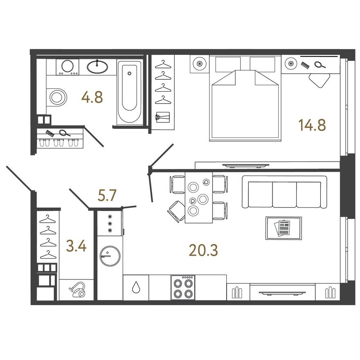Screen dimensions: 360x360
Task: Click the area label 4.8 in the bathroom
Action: tap(92, 97)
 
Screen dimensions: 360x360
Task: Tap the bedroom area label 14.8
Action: tap(312, 125)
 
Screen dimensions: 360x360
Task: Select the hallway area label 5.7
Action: tap(108, 196)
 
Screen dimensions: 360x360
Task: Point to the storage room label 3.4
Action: tap(76, 246)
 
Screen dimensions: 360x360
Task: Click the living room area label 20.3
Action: tap(203, 249)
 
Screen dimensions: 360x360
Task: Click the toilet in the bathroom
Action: tap(57, 97)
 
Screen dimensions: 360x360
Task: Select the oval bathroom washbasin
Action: tap(97, 66)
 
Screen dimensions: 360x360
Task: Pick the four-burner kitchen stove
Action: tap(183, 287)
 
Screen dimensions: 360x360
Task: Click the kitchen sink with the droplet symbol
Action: tap(135, 288)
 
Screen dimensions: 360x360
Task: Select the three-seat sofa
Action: tap(284, 192)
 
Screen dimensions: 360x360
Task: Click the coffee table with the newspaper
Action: tap(283, 228)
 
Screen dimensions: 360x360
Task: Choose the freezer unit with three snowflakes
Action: tap(110, 223)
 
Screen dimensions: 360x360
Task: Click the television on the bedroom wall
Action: tap(245, 165)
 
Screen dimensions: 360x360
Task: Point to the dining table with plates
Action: tap(198, 197)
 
